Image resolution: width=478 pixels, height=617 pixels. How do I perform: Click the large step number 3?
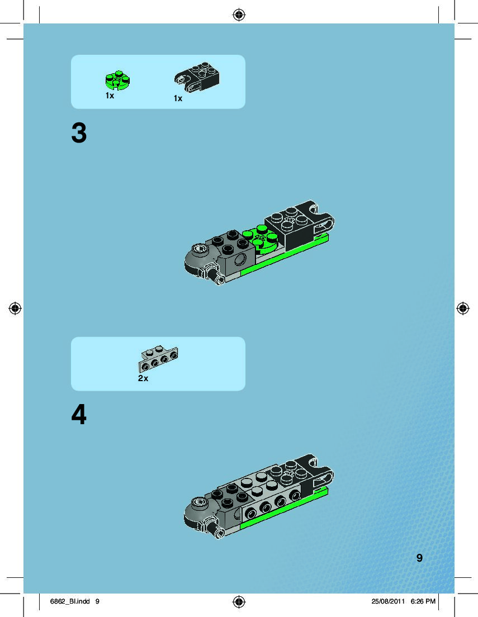[79, 133]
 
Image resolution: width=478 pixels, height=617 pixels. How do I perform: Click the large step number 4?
[79, 415]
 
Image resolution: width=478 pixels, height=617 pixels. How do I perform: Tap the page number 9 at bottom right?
[419, 558]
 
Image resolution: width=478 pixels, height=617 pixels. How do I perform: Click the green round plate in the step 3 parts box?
[117, 80]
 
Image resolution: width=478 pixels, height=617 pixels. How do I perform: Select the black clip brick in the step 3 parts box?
[197, 77]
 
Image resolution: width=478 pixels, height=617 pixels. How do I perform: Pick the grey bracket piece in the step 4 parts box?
[158, 359]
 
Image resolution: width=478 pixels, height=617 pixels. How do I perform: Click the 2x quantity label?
[143, 378]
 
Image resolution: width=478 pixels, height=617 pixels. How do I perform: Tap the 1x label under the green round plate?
[110, 96]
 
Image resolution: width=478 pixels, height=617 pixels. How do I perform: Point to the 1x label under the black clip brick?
[178, 98]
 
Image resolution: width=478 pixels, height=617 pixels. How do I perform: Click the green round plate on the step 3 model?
[261, 238]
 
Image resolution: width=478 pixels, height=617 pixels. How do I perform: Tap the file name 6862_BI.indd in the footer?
[70, 601]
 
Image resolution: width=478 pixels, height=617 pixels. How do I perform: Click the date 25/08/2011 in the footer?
[388, 601]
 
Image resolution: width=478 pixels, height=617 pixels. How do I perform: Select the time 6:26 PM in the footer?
[423, 601]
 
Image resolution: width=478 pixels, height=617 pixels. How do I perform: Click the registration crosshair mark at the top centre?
[239, 15]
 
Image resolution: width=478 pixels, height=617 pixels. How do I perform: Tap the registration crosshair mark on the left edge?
[15, 308]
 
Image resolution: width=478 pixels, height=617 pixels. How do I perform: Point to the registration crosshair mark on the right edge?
[463, 308]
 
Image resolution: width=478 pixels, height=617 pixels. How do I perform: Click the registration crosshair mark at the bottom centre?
[239, 602]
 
